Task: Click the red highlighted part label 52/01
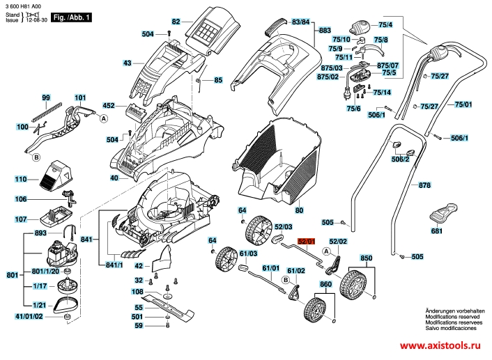tap(307, 241)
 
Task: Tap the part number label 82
tap(176, 22)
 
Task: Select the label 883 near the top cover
tap(325, 31)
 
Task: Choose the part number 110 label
tap(22, 179)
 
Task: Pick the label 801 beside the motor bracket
tap(12, 276)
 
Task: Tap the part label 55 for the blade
tap(139, 307)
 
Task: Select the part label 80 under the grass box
tap(299, 210)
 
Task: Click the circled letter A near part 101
tap(103, 119)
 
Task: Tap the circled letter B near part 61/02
tap(285, 280)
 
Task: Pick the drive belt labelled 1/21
tap(68, 304)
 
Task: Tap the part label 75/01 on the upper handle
tap(463, 104)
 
